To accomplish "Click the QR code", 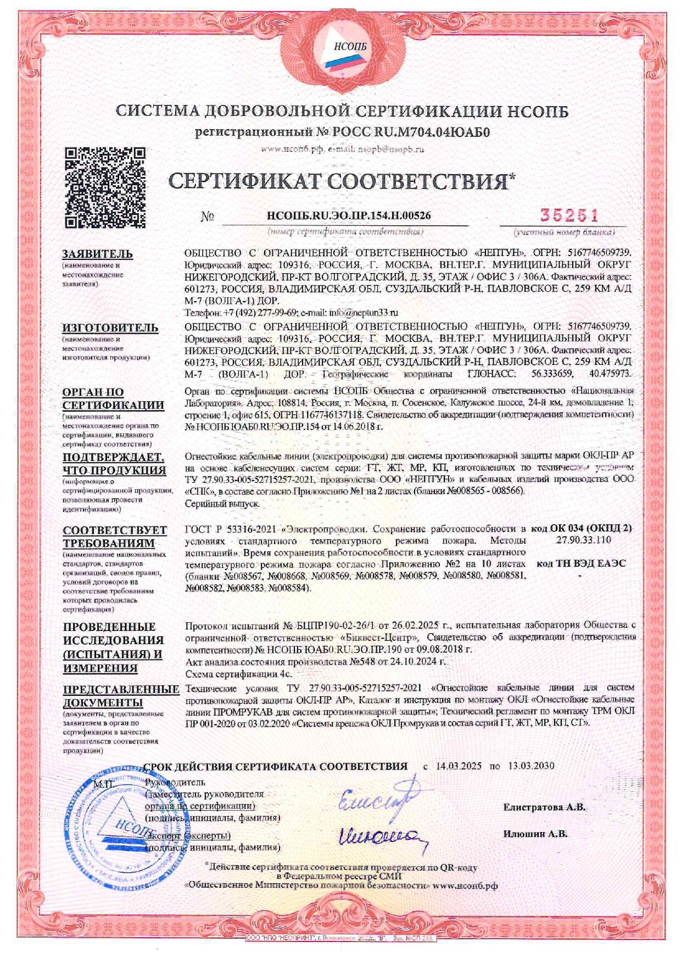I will click(x=105, y=187).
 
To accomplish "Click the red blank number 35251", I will click(x=562, y=215).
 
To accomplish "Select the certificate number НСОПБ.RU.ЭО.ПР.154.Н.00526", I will click(x=348, y=216).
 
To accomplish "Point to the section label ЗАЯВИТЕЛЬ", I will click(x=97, y=254).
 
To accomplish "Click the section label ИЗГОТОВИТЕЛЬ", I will click(x=110, y=328).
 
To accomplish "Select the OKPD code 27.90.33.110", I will click(x=583, y=540).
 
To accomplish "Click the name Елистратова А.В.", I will click(x=544, y=807).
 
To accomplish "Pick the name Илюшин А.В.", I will click(x=535, y=834).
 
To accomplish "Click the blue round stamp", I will click(x=113, y=826).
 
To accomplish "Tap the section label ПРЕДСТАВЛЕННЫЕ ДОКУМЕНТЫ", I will click(x=121, y=695).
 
